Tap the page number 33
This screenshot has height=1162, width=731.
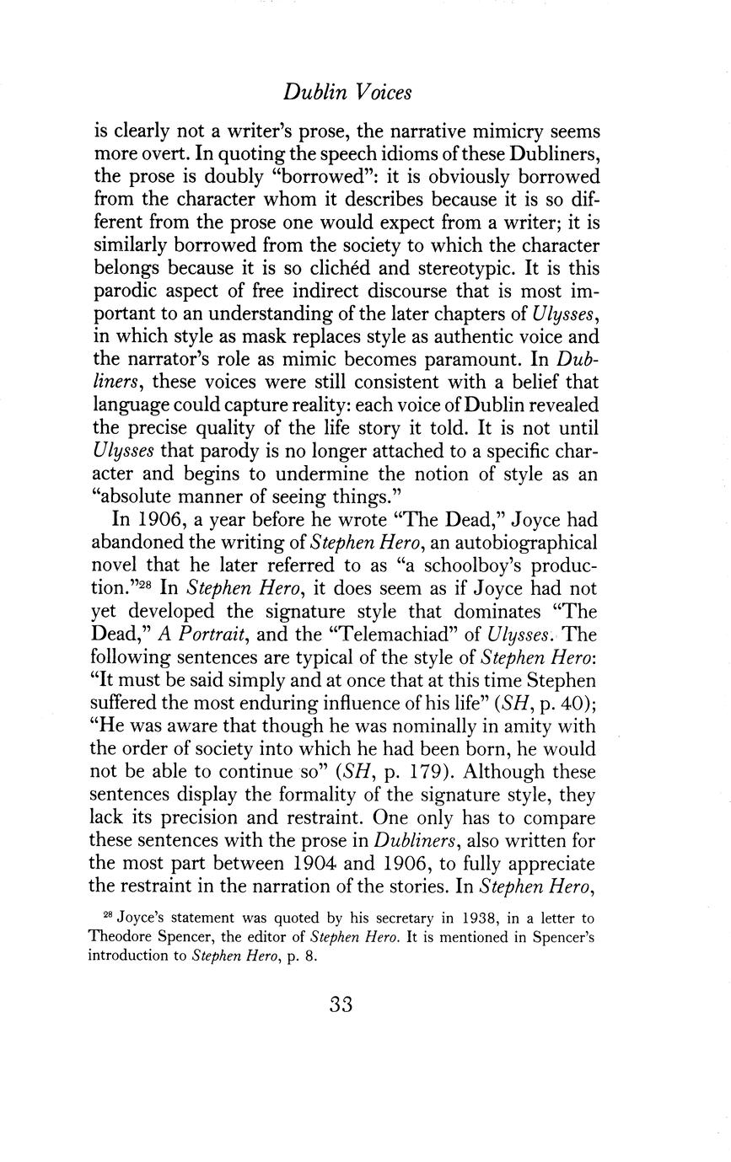point(341,1004)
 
